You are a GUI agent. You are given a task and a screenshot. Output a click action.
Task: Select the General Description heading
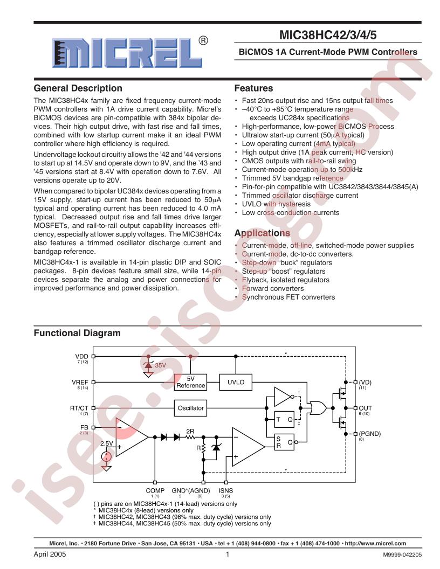pyautogui.click(x=78, y=88)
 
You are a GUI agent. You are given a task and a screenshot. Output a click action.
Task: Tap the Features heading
pyautogui.click(x=253, y=88)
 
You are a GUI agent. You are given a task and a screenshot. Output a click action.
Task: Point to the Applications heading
pyautogui.click(x=262, y=233)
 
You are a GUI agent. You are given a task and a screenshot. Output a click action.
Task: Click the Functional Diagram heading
pyautogui.click(x=77, y=334)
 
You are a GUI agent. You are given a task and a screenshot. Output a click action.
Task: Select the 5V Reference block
pyautogui.click(x=191, y=382)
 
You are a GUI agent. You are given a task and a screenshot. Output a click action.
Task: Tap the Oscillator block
pyautogui.click(x=191, y=408)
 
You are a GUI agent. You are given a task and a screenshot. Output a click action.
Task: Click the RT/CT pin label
pyautogui.click(x=80, y=408)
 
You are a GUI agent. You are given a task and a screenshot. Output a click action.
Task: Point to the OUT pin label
pyautogui.click(x=366, y=408)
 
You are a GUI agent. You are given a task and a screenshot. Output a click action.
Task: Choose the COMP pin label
pyautogui.click(x=155, y=490)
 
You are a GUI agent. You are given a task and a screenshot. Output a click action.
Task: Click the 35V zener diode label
pyautogui.click(x=161, y=365)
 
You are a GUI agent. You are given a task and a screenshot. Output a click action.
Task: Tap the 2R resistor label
pyautogui.click(x=190, y=431)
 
